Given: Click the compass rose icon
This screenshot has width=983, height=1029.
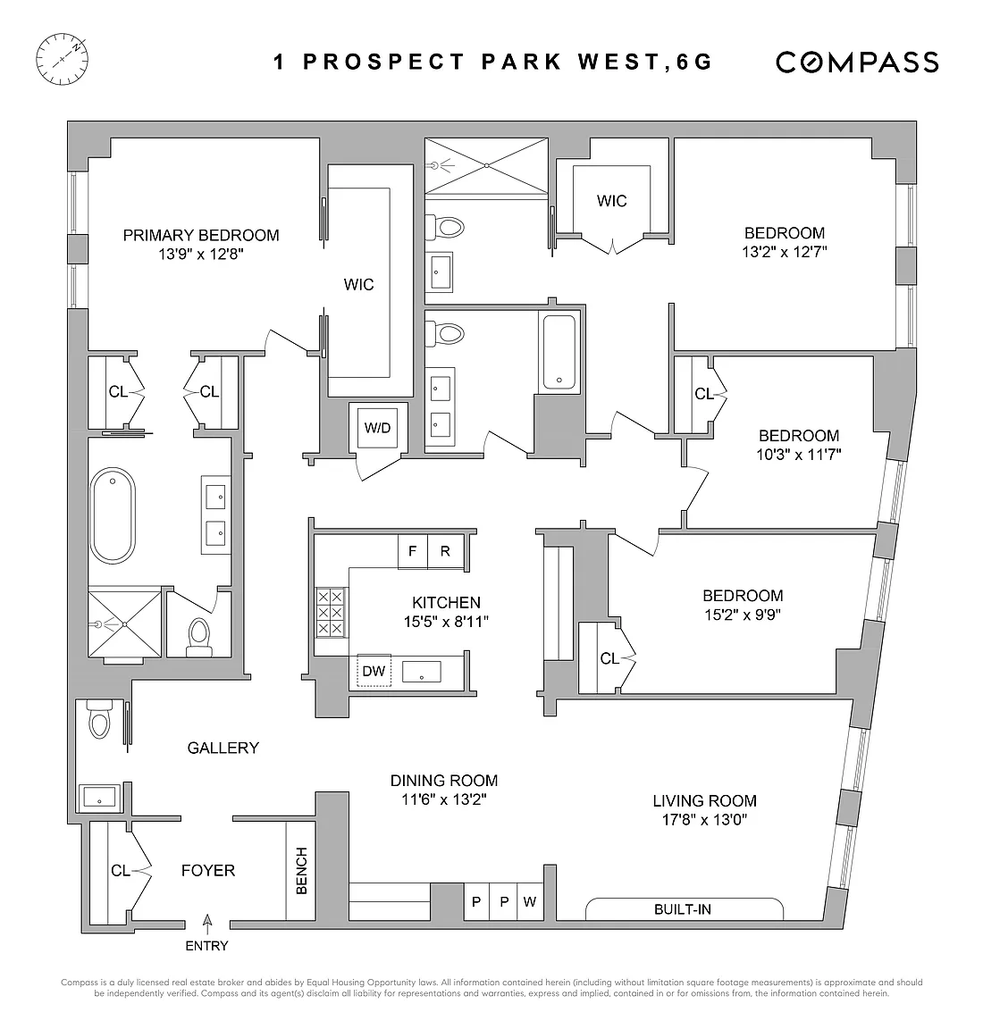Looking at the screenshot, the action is [62, 60].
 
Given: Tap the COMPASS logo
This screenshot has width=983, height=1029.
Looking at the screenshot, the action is [857, 63].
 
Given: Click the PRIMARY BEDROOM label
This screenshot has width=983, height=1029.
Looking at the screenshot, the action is [201, 235].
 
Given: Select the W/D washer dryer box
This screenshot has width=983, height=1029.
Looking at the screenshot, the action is [378, 428].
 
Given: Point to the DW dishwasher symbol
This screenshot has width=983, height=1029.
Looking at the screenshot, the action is [374, 671].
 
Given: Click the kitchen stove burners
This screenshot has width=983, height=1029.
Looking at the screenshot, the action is [331, 612].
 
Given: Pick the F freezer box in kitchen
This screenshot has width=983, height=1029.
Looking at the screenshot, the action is [412, 551].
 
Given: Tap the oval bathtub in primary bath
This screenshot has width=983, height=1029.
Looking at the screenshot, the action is [113, 515].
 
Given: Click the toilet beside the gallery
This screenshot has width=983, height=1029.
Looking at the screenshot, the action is [99, 719].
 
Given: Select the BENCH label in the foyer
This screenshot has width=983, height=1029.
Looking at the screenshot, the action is [301, 870].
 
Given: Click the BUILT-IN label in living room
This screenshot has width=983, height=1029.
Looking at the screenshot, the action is [682, 909].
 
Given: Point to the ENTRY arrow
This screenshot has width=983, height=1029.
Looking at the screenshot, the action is [207, 924].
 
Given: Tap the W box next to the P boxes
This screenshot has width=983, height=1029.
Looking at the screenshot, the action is [530, 901].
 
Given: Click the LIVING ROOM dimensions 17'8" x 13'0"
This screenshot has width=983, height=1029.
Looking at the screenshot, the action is [704, 820].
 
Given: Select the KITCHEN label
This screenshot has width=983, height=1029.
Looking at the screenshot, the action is [447, 602].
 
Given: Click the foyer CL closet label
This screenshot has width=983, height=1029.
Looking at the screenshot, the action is [120, 870].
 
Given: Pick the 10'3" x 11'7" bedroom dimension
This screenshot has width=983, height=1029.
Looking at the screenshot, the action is [799, 454].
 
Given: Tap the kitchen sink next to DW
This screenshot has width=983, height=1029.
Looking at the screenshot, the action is [422, 672].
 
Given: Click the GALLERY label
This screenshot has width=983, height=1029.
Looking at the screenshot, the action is [223, 748].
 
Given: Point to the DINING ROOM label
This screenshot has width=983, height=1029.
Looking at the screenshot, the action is [444, 781].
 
